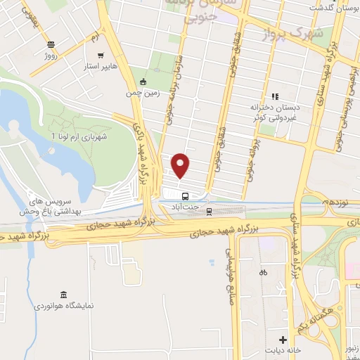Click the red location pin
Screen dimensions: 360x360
181,166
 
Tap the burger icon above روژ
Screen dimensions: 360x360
51,44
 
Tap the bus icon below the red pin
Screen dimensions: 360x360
185,196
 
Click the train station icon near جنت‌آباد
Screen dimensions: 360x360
210,209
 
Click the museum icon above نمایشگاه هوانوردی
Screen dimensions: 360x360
64,294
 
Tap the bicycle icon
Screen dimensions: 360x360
263,272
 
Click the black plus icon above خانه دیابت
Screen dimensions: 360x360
283,340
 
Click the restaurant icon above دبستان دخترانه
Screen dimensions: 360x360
275,96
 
